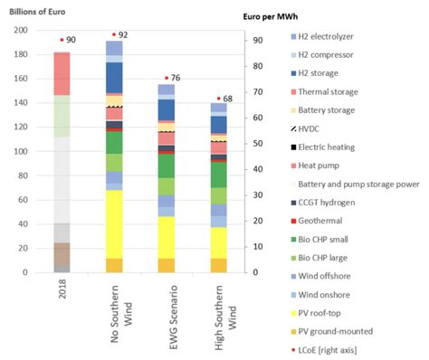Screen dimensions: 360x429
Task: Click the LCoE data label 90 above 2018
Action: click(71, 40)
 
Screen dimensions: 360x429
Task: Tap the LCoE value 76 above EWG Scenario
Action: click(175, 77)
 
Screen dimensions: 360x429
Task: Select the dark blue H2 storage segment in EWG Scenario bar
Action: click(167, 109)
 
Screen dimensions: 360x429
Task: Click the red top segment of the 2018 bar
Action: click(62, 73)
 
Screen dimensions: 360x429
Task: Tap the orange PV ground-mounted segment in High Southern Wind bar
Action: click(219, 265)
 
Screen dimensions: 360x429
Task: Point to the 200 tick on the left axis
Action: click(20, 30)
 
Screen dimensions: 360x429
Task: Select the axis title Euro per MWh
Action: click(276, 16)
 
